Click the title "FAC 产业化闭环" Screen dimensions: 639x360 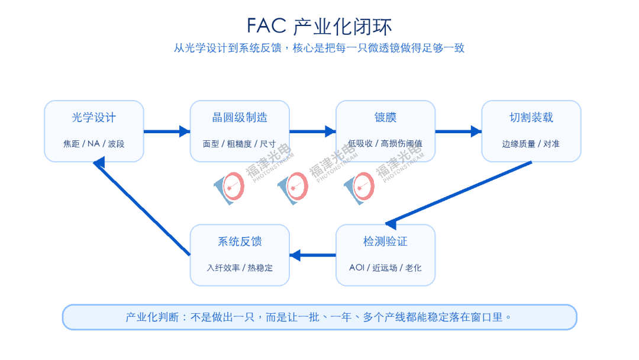tap(319, 27)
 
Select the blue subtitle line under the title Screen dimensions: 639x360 tap(319, 48)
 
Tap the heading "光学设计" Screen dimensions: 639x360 tap(94, 117)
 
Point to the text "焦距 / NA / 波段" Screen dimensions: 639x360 tap(94, 143)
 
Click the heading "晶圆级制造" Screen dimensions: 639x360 tap(240, 117)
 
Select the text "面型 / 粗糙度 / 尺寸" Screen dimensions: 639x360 tap(240, 143)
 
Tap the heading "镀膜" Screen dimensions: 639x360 tap(386, 117)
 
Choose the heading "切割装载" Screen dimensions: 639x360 tap(531, 117)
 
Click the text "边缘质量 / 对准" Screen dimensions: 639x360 tap(531, 143)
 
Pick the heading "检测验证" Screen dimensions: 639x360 tap(386, 242)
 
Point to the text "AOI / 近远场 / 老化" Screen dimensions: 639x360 tap(386, 268)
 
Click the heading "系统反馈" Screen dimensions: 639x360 tap(240, 242)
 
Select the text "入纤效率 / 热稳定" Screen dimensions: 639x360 tap(240, 268)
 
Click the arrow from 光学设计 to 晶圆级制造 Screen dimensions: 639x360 tap(167, 131)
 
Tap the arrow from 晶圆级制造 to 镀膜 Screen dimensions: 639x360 tap(312, 131)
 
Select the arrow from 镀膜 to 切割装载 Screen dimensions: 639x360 tap(459, 131)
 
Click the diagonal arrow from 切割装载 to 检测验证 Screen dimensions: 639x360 tap(459, 194)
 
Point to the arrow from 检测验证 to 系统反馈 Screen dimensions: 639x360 tap(312, 255)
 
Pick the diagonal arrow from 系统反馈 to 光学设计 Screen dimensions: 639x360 tap(141, 207)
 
